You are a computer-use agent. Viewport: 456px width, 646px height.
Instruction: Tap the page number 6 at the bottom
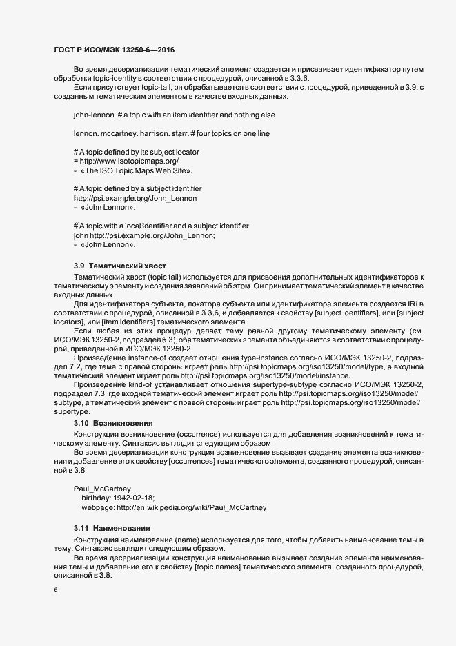[56, 590]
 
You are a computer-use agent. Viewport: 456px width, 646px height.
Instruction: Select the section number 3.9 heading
[79, 266]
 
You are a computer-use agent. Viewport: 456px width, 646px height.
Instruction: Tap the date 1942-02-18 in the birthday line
[135, 497]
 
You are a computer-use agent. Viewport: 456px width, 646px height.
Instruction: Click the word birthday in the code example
[96, 497]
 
